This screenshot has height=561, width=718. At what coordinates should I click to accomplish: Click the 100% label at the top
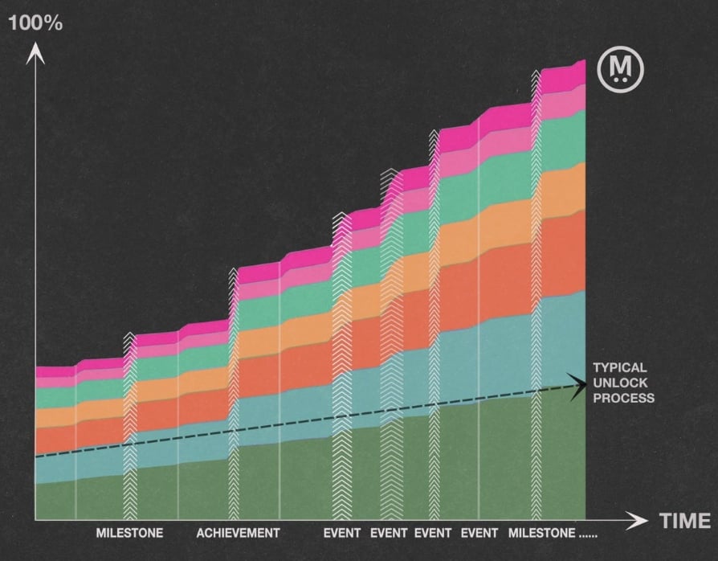(35, 23)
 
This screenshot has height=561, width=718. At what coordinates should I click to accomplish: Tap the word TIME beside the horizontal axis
(685, 521)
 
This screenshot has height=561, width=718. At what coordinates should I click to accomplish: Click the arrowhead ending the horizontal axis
(639, 520)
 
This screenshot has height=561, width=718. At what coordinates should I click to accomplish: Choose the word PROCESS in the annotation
(623, 398)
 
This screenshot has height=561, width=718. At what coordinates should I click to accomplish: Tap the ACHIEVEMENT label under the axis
(238, 533)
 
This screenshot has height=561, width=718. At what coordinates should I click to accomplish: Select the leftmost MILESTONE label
(129, 533)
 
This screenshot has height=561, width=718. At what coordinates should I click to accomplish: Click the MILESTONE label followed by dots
(542, 533)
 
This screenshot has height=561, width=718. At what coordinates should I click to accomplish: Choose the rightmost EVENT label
(480, 533)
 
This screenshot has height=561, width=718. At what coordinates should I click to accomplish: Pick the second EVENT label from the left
(390, 533)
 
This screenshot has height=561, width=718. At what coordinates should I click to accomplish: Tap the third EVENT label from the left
(434, 533)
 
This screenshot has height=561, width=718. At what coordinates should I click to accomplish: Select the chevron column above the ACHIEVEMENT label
(234, 394)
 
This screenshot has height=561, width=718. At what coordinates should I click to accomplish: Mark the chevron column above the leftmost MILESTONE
(129, 426)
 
